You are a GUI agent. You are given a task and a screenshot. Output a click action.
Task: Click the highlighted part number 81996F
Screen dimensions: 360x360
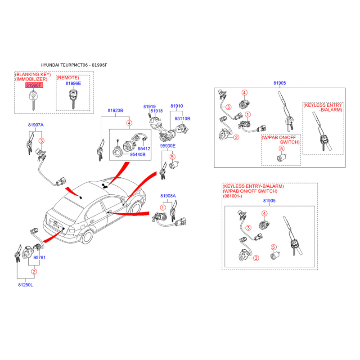tap(34, 85)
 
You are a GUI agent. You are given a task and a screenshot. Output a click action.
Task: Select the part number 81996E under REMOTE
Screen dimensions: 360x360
tap(73, 83)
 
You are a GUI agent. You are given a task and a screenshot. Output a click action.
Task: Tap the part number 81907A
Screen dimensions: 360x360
tap(36, 125)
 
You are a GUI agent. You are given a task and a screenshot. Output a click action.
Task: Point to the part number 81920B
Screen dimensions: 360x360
tap(116, 110)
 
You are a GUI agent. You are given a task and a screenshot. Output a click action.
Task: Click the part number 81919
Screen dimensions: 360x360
tap(149, 107)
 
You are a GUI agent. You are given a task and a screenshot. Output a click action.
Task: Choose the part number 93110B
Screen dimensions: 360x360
tap(183, 118)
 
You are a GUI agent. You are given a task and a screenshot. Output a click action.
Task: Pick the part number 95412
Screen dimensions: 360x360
tap(144, 148)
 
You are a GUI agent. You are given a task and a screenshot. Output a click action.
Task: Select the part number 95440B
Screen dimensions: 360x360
tap(138, 154)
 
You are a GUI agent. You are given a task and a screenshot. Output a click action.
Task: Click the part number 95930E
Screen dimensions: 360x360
tap(168, 146)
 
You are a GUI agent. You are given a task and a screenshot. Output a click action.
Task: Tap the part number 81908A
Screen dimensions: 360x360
tap(168, 196)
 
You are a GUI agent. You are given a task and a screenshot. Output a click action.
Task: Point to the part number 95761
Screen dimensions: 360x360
tap(40, 257)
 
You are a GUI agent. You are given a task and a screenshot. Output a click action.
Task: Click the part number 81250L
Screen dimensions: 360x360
tap(26, 285)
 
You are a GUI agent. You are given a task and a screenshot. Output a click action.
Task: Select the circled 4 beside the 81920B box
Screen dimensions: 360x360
tap(130, 123)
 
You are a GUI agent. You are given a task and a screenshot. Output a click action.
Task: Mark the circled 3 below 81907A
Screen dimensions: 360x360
tap(41, 141)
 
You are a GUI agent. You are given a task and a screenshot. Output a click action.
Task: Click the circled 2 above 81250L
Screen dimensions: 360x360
tap(34, 272)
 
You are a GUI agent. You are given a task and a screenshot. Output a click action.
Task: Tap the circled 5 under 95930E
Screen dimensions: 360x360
tap(172, 157)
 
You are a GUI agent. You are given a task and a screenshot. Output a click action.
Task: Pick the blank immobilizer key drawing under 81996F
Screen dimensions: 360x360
tap(33, 100)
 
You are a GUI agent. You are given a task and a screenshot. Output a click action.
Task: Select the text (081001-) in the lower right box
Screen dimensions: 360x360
tap(232, 196)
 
